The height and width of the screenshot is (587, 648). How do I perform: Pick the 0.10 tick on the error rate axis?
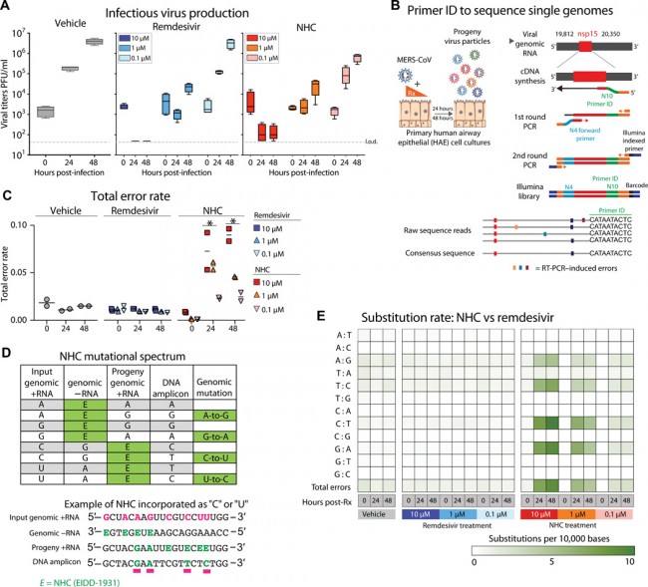(x=27, y=226)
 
